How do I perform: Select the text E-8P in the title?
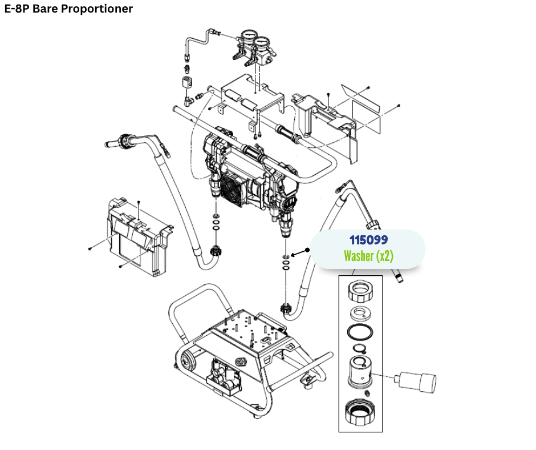click(x=17, y=9)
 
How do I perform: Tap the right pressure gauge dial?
click(x=263, y=44)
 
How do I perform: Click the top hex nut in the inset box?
click(x=360, y=292)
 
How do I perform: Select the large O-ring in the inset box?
click(x=360, y=332)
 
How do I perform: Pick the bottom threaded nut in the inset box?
click(x=360, y=413)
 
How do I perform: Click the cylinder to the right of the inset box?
click(x=418, y=379)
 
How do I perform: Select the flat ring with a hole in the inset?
click(x=360, y=312)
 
